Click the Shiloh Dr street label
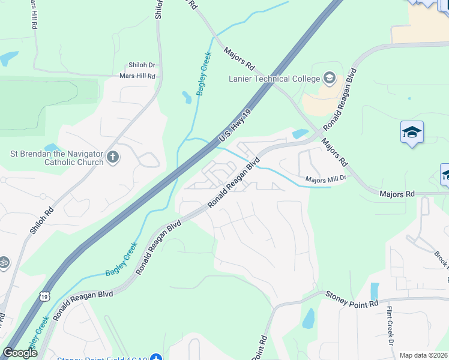pyautogui.click(x=142, y=65)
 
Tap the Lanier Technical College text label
pyautogui.click(x=274, y=79)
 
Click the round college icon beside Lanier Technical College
pyautogui.click(x=329, y=78)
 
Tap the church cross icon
pyautogui.click(x=112, y=158)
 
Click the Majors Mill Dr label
pyautogui.click(x=326, y=178)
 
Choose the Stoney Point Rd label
pyautogui.click(x=352, y=298)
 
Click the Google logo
pyautogui.click(x=20, y=353)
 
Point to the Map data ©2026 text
pyautogui.click(x=424, y=355)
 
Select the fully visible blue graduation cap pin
pyautogui.click(x=412, y=132)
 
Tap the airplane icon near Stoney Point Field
pyautogui.click(x=156, y=358)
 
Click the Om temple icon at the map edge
pyautogui.click(x=3, y=262)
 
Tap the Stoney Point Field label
pyautogui.click(x=101, y=359)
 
